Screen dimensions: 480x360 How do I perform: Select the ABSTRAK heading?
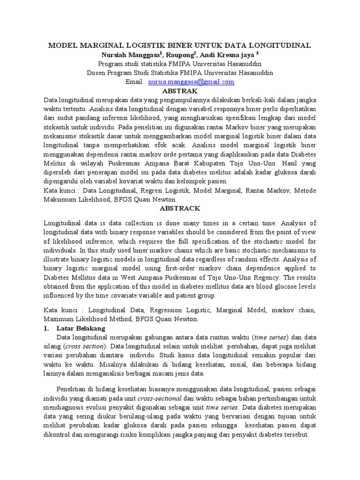point(180,90)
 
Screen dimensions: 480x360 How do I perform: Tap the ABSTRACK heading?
point(180,208)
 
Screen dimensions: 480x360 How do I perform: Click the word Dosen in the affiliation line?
point(96,73)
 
